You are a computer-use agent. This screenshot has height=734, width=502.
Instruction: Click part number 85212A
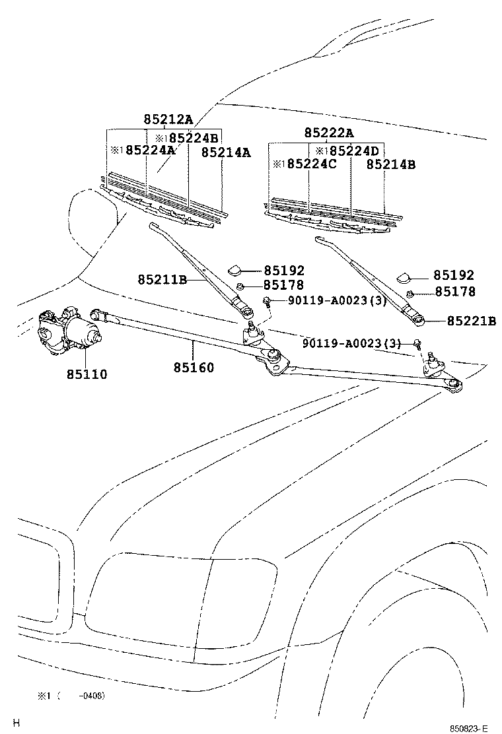click(168, 119)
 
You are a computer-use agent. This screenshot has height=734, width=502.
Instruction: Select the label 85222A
click(329, 133)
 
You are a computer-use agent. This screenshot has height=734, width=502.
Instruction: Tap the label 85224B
click(193, 137)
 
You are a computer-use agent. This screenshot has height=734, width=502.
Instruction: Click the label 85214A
click(226, 152)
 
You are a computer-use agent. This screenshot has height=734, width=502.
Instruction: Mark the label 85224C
click(310, 164)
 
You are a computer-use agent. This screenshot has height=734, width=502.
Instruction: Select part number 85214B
click(391, 164)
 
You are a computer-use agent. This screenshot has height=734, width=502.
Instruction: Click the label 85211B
click(162, 280)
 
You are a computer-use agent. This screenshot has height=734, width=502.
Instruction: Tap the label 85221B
click(471, 321)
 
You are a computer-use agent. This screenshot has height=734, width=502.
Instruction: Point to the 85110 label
click(87, 374)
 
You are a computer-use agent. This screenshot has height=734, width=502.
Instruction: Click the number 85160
click(194, 367)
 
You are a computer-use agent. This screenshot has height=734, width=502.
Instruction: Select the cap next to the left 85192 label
click(235, 269)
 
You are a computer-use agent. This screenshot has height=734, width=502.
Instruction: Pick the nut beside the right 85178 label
click(411, 294)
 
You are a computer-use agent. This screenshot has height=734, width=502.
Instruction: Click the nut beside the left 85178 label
click(242, 286)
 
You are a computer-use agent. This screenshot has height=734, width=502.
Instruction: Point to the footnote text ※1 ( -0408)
click(71, 696)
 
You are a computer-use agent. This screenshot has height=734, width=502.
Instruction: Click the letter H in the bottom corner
click(17, 723)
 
